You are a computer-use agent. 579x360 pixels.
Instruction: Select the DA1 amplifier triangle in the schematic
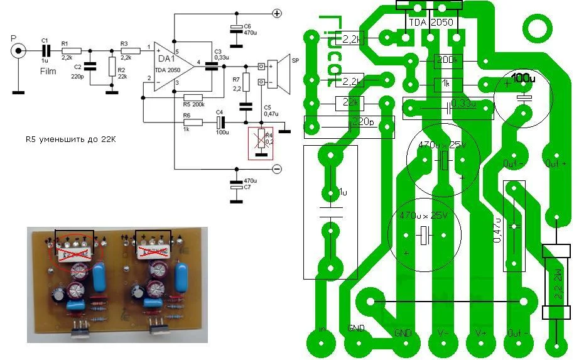[x=173, y=63]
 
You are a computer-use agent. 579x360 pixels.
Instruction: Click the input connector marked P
[x=20, y=50]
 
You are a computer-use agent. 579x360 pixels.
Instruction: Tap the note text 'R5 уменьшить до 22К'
[x=70, y=139]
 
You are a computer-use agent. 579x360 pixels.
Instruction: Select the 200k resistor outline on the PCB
[x=448, y=61]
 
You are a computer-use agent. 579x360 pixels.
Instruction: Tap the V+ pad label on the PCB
[x=481, y=331]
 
